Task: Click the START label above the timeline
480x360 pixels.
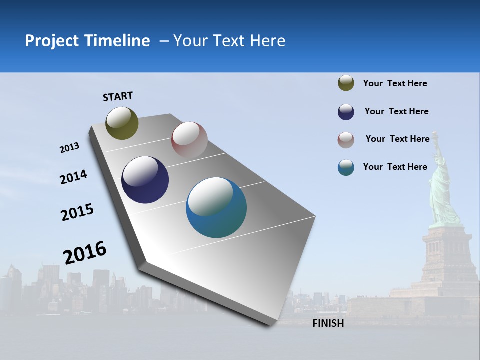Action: click(x=118, y=96)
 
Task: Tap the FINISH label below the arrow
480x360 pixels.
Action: click(x=328, y=323)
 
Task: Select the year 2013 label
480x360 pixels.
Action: click(x=69, y=148)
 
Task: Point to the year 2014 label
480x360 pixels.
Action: click(x=73, y=177)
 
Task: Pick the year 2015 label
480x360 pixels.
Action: click(x=77, y=212)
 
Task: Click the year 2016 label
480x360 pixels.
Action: click(x=85, y=253)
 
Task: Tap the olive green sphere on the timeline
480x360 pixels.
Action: click(x=122, y=123)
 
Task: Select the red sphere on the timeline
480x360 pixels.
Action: click(x=189, y=140)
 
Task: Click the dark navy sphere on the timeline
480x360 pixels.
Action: click(x=145, y=180)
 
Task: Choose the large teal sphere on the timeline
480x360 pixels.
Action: click(x=216, y=207)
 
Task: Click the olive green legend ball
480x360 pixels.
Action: click(x=346, y=83)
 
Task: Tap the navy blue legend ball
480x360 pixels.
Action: click(x=346, y=112)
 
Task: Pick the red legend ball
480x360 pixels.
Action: click(x=346, y=140)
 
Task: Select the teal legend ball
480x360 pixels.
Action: click(x=346, y=167)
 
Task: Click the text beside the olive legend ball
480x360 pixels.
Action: click(x=395, y=84)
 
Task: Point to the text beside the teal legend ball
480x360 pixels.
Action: click(x=395, y=167)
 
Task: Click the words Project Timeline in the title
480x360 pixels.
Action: click(x=87, y=41)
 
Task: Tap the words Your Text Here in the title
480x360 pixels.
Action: click(x=229, y=41)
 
